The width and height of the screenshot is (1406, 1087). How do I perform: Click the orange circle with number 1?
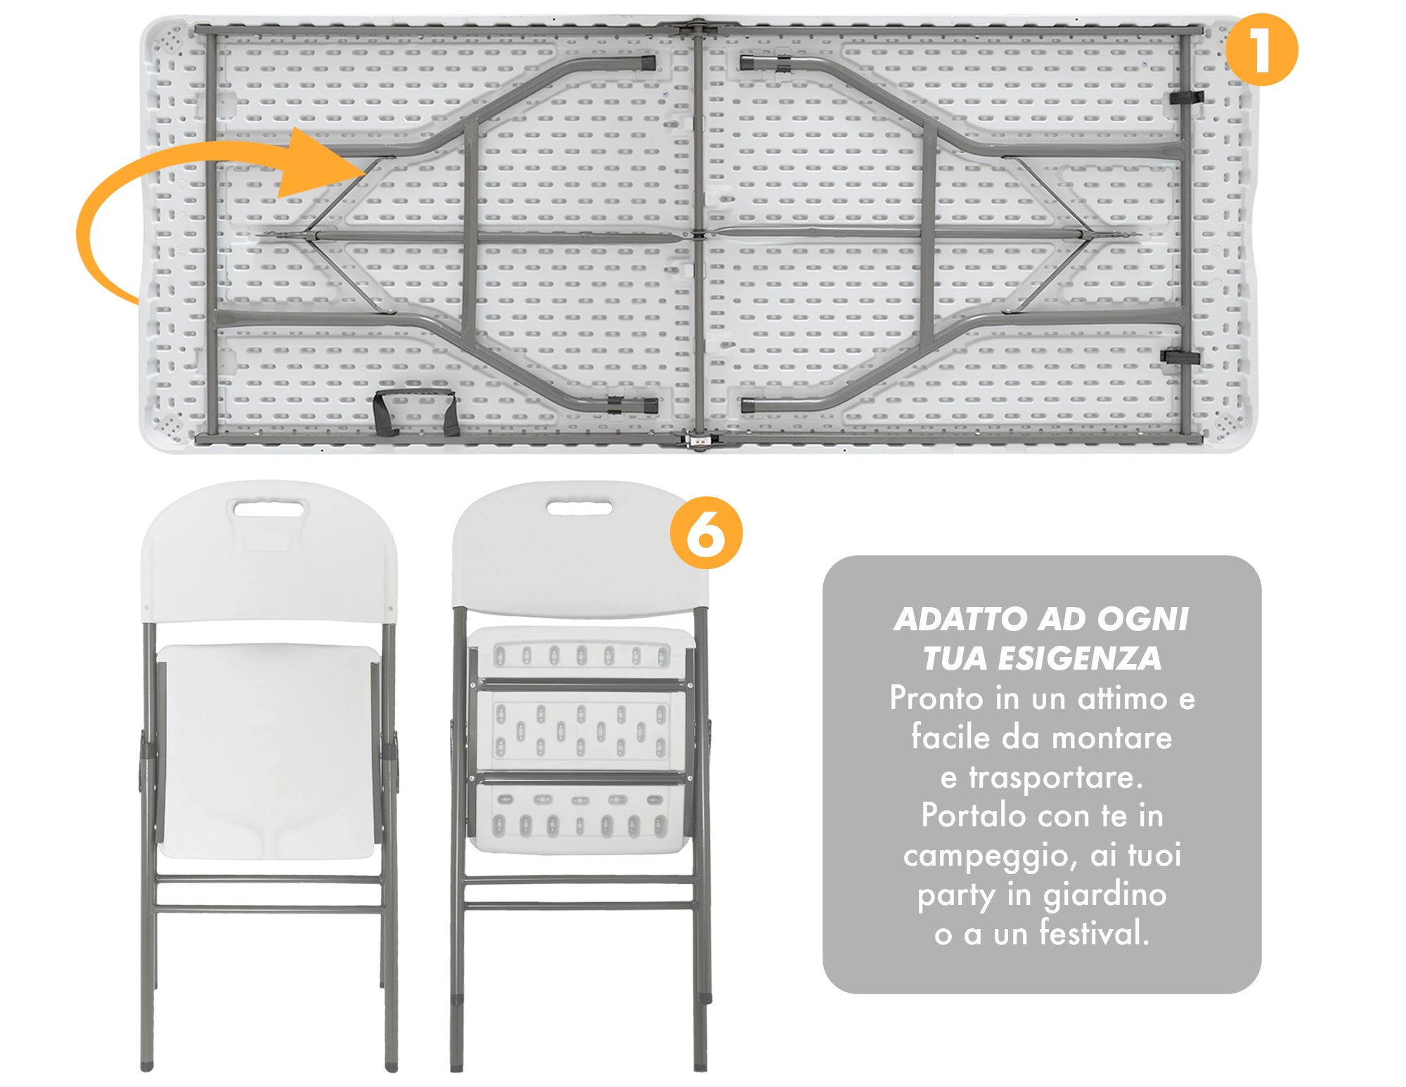pyautogui.click(x=1261, y=51)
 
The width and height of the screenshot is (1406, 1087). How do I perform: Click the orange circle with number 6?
pyautogui.click(x=706, y=533)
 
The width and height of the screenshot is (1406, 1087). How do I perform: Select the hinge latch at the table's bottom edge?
pyautogui.click(x=697, y=441)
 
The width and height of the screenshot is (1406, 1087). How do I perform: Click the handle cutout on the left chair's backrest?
pyautogui.click(x=269, y=508)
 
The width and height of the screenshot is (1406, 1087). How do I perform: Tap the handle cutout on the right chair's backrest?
pyautogui.click(x=579, y=507)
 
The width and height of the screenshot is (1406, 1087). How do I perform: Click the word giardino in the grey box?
pyautogui.click(x=1104, y=895)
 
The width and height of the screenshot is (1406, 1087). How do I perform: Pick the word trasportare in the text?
pyautogui.click(x=1056, y=777)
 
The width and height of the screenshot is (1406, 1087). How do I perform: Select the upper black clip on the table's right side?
pyautogui.click(x=1185, y=97)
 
